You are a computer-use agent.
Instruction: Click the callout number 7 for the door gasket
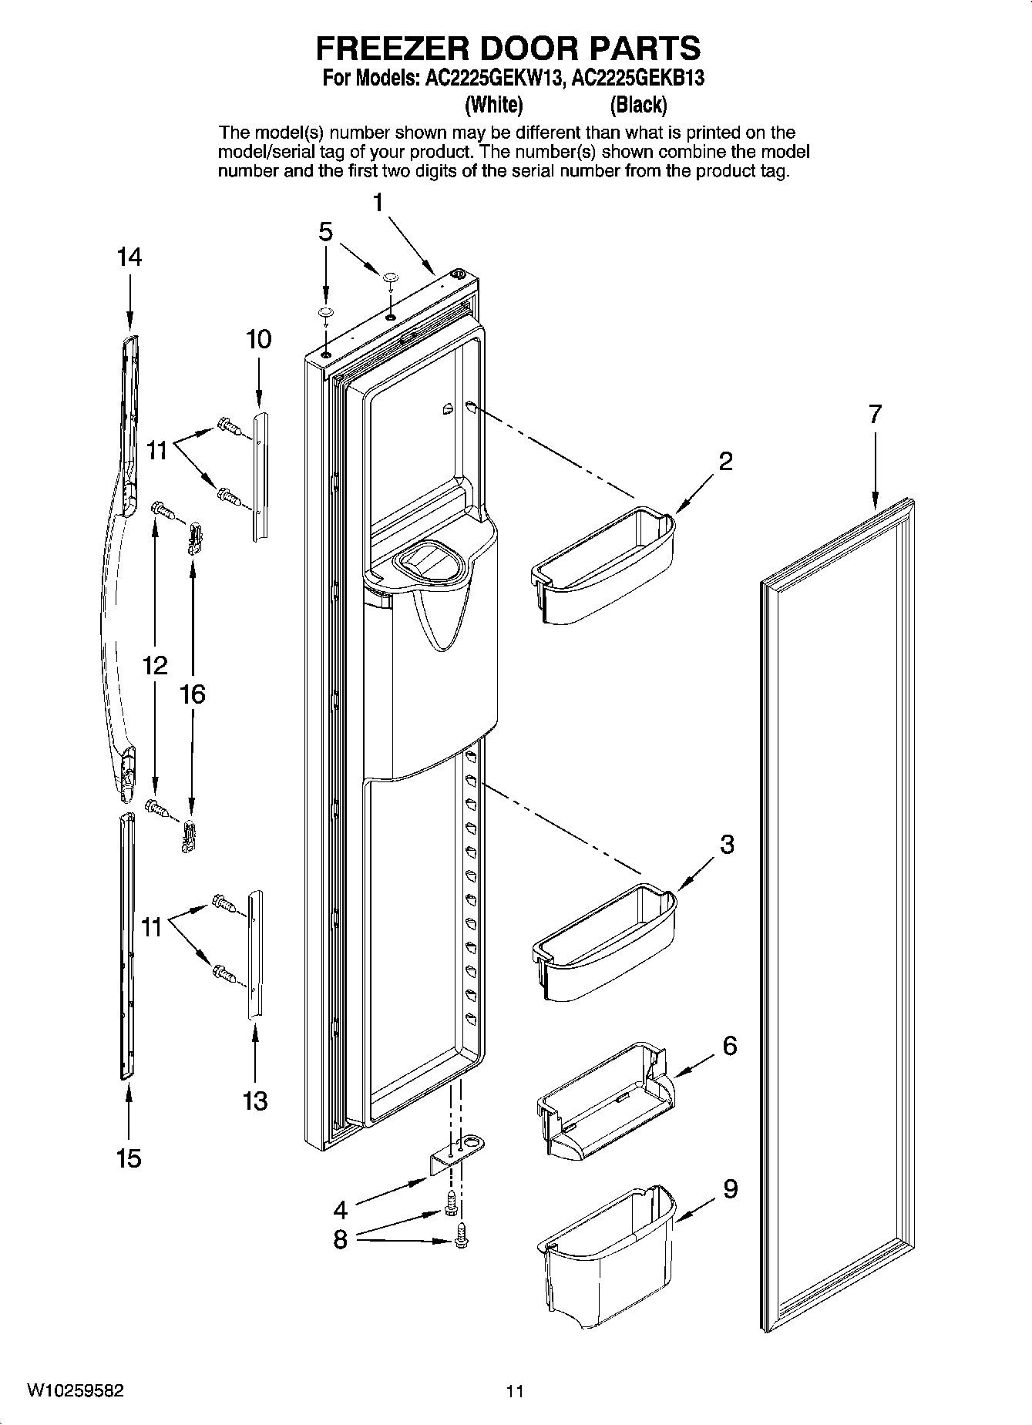[874, 415]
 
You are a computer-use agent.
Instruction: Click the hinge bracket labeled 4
[457, 1151]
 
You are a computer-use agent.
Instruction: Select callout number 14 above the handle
[129, 257]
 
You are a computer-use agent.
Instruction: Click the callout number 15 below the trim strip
[129, 1158]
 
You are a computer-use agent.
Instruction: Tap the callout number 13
[255, 1101]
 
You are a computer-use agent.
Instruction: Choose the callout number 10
[258, 339]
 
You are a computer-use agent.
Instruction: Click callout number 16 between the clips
[192, 694]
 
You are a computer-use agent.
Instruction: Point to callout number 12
[155, 664]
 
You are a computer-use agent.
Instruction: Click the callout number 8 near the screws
[340, 1240]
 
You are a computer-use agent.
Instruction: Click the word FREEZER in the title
[392, 48]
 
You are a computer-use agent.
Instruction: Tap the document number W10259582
[75, 1392]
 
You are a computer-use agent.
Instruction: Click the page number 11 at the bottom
[515, 1392]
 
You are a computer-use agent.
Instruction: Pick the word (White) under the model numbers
[494, 104]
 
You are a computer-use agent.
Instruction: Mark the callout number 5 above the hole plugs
[326, 231]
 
